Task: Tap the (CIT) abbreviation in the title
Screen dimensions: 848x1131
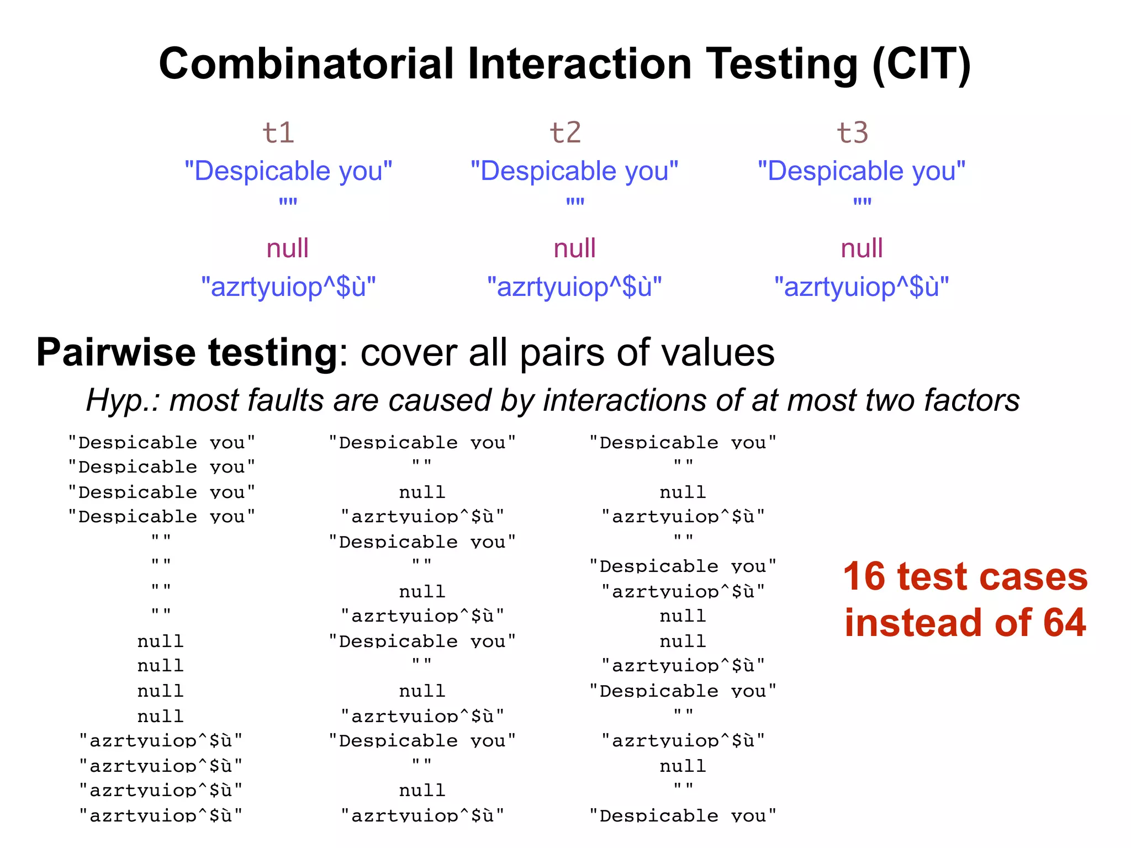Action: (921, 65)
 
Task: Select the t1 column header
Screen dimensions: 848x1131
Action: (278, 132)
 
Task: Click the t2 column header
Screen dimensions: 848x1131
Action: (565, 132)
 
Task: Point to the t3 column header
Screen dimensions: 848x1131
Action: (852, 132)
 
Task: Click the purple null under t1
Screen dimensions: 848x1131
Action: (287, 248)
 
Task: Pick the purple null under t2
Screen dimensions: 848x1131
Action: (574, 248)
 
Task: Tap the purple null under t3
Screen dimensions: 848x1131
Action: (862, 248)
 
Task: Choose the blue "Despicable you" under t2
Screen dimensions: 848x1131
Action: (574, 171)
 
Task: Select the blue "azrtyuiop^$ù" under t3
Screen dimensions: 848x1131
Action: (862, 287)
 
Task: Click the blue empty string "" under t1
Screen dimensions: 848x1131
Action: (288, 202)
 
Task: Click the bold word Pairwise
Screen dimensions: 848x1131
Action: (116, 352)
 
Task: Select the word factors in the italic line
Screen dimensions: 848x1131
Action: (971, 400)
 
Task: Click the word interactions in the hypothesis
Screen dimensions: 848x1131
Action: (624, 400)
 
